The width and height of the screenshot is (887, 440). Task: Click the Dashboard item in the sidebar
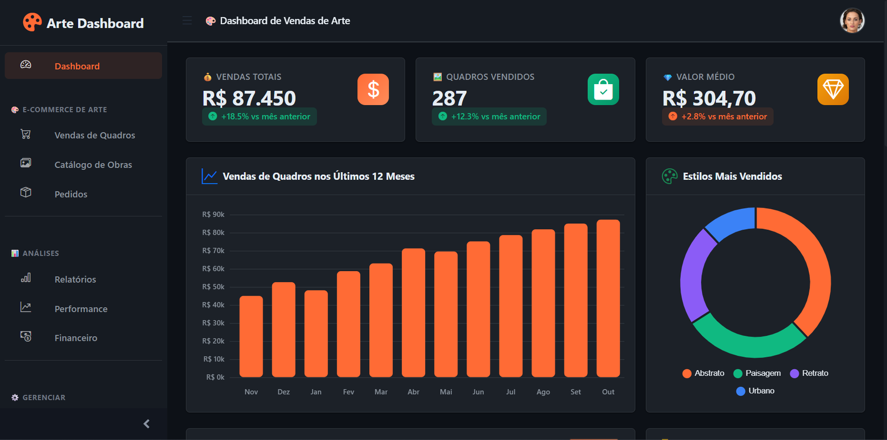[77, 66]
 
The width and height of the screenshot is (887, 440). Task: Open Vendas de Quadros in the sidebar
[94, 135]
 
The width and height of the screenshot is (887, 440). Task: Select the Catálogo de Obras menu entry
[93, 164]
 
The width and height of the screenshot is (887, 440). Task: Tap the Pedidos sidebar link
[71, 194]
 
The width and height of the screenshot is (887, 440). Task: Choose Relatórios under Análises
[75, 279]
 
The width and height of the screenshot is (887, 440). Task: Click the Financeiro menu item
[76, 338]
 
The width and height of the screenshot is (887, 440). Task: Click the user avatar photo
[852, 21]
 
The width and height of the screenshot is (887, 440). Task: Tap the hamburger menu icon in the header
[187, 21]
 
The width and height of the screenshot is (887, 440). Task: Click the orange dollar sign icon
[373, 90]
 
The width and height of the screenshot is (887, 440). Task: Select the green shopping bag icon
[603, 90]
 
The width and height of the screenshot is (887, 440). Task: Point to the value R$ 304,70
[708, 99]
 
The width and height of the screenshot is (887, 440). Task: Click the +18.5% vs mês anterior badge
[259, 117]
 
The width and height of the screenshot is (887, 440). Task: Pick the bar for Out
[608, 299]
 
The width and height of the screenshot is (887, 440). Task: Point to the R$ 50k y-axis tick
[213, 287]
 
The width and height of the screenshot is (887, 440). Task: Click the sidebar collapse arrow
[146, 424]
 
